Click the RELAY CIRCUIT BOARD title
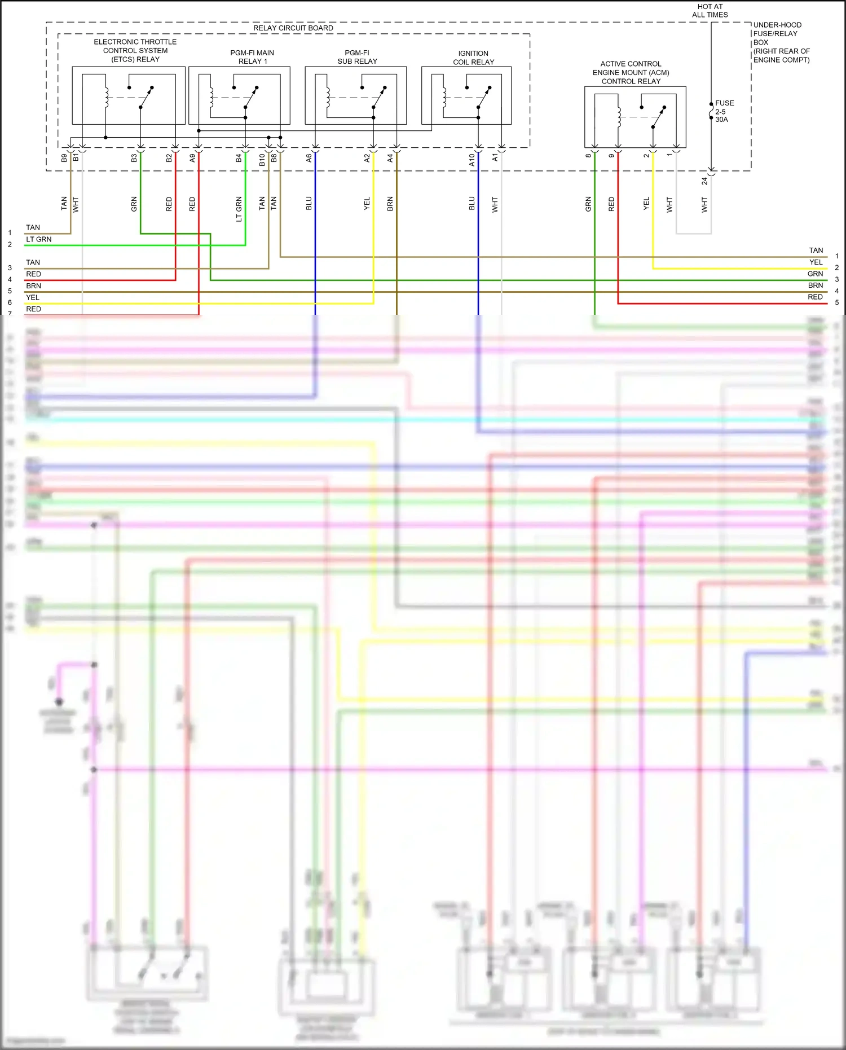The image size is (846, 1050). pos(293,28)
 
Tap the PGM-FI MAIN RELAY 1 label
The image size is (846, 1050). pos(252,57)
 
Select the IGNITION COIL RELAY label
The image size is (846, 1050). pos(473,58)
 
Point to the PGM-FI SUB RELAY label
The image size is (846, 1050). pos(357,57)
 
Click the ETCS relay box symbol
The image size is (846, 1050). pos(129,95)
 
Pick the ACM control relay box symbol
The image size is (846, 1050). pos(635,117)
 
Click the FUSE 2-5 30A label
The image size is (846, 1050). pos(724,111)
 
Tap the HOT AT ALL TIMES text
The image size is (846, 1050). pos(710,11)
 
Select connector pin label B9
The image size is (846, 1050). pos(64,159)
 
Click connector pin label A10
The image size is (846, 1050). pos(472,160)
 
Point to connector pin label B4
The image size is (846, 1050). pos(239,159)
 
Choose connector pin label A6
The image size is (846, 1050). pos(309,159)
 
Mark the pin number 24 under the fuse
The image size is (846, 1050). pos(704,181)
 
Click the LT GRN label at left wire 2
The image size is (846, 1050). pos(39,239)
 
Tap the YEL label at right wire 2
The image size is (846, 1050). pos(816,262)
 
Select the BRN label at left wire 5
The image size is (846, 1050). pos(33,285)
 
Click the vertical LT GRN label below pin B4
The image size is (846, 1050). pos(239,209)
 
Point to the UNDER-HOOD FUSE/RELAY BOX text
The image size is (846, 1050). pos(781,42)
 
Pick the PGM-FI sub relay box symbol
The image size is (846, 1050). pos(355,95)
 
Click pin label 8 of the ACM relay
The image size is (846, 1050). pos(588,156)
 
